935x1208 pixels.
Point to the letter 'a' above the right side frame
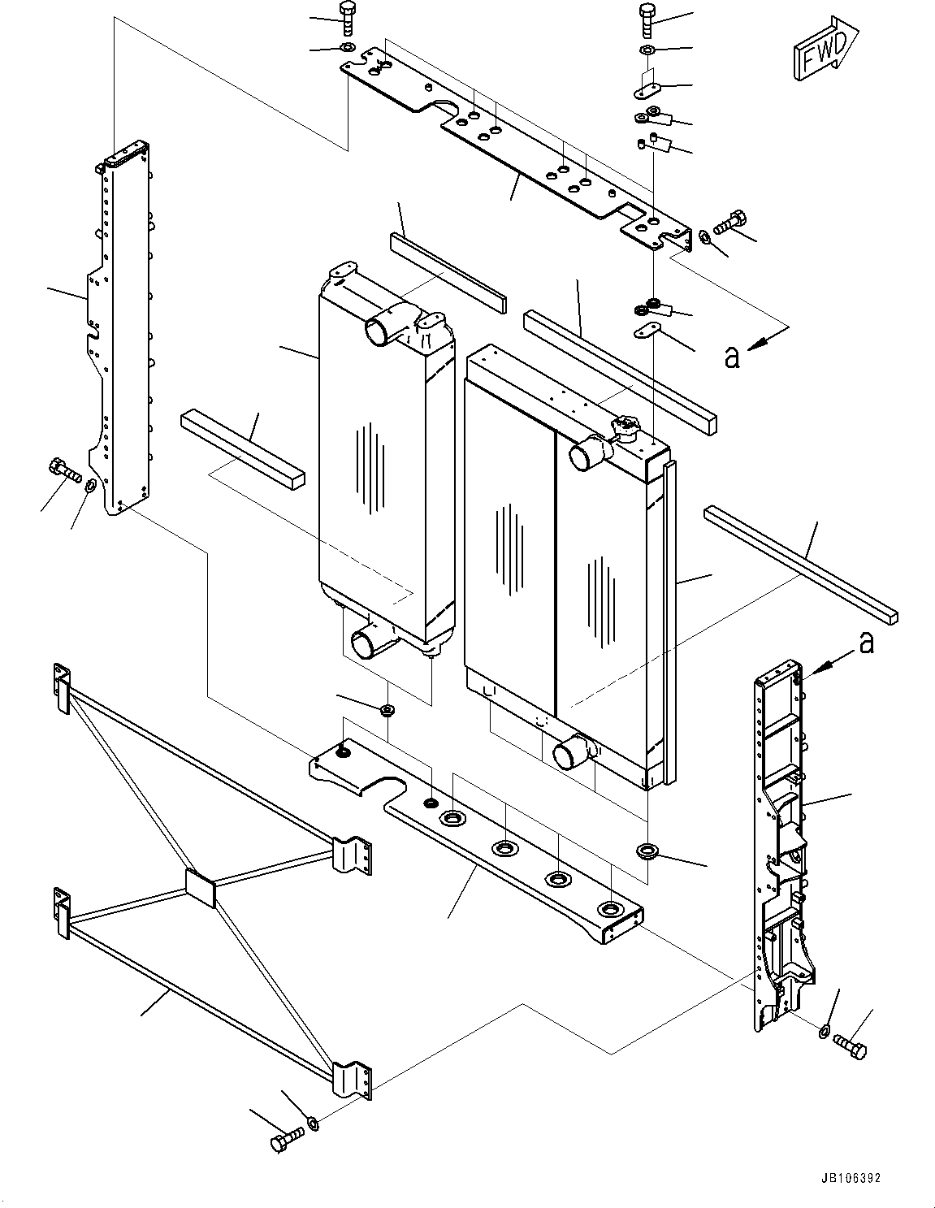coord(867,643)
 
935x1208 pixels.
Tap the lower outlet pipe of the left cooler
coord(368,642)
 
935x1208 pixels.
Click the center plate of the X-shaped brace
coord(199,887)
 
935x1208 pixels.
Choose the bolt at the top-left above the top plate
coord(348,17)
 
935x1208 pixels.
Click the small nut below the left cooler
coord(387,711)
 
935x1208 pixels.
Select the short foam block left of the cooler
coord(242,447)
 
